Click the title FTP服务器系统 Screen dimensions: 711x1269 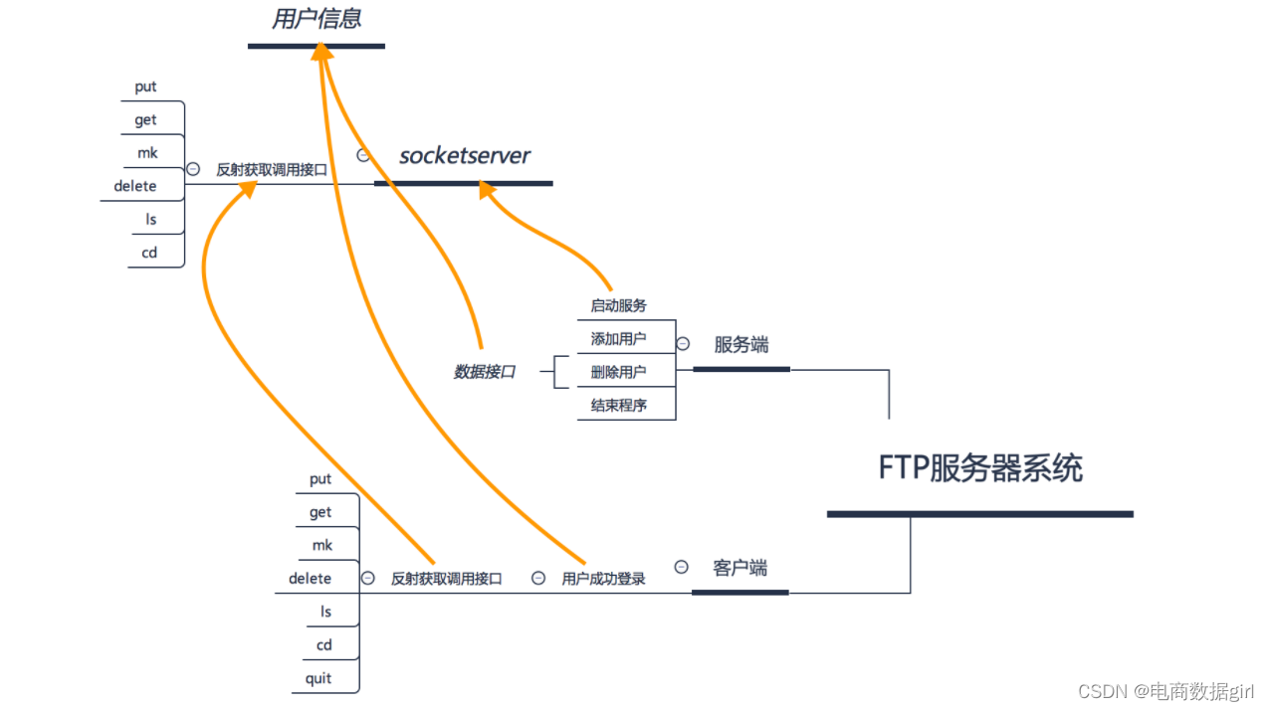979,467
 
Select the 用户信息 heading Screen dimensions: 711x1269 317,19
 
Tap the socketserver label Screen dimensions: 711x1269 464,155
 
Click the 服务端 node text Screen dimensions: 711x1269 740,345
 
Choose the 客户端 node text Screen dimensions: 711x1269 740,568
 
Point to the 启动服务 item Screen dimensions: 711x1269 618,305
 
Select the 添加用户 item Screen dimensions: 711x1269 618,339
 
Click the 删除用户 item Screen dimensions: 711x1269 618,373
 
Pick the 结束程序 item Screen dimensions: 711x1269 618,406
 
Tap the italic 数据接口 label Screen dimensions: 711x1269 485,372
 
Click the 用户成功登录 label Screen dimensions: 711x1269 603,579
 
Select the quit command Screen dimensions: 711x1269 318,679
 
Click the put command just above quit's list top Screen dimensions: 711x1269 319,479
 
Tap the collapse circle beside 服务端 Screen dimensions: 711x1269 683,344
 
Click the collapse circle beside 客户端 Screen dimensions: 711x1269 681,567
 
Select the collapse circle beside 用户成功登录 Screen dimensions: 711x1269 538,578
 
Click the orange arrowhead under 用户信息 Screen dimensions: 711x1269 320,52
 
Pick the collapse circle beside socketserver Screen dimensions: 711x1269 363,155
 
